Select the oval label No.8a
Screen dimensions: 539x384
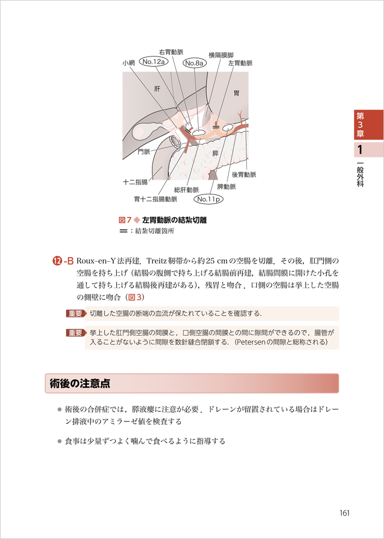pyautogui.click(x=195, y=62)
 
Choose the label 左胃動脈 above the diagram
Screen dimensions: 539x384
pyautogui.click(x=240, y=63)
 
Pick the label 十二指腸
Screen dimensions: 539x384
pyautogui.click(x=135, y=182)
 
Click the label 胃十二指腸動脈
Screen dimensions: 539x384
pyautogui.click(x=155, y=199)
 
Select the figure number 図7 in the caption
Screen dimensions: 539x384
pyautogui.click(x=125, y=220)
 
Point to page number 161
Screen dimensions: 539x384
pyautogui.click(x=344, y=513)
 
